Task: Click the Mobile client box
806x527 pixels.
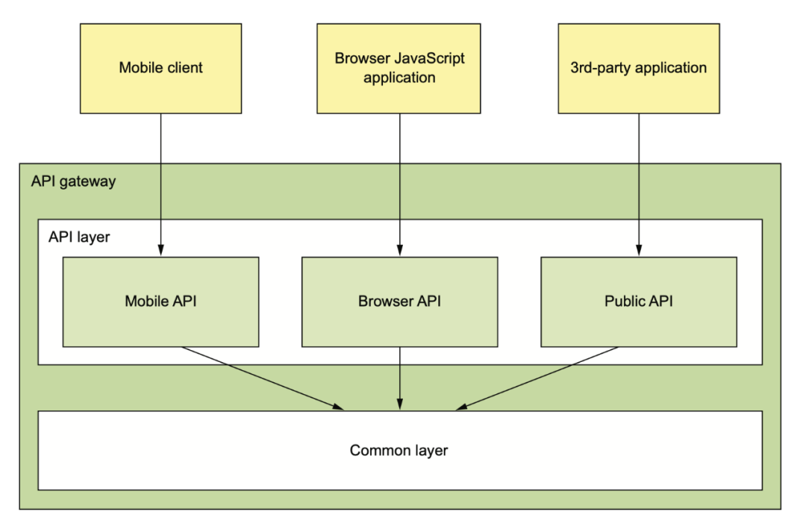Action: (161, 69)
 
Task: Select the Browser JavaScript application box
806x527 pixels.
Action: (399, 69)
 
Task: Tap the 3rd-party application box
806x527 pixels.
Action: (639, 69)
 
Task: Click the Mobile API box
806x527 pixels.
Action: (161, 302)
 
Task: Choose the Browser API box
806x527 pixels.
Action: (400, 302)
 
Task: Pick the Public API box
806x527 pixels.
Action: (639, 302)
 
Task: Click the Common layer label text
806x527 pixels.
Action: (399, 450)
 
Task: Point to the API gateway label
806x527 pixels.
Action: (73, 181)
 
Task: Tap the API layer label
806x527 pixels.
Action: (79, 237)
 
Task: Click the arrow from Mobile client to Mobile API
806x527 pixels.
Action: (161, 184)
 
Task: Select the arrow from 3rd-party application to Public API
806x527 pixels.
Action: (639, 184)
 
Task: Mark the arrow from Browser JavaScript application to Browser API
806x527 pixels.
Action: (400, 184)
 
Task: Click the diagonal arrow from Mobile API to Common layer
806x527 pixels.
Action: (263, 378)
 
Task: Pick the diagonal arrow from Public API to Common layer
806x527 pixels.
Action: (537, 378)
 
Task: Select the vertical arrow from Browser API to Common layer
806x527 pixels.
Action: (400, 378)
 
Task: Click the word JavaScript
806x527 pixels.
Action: (429, 59)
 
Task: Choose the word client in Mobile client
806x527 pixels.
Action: (184, 67)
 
